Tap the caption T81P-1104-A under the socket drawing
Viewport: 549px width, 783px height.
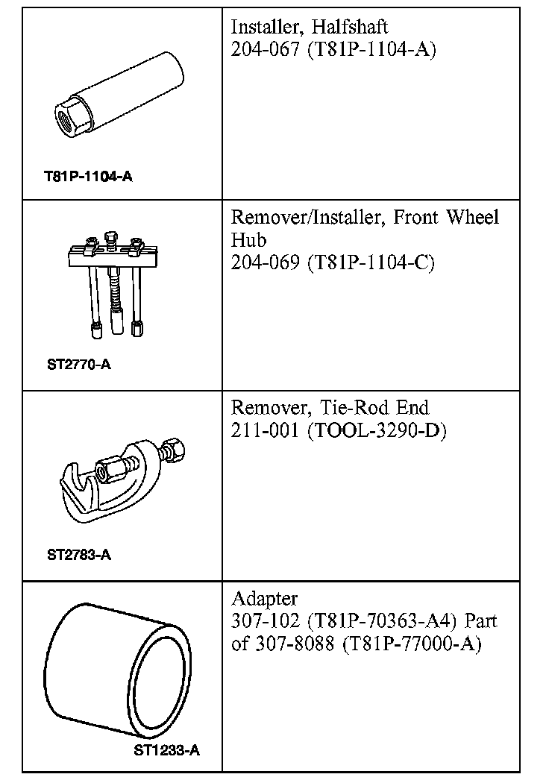pyautogui.click(x=88, y=177)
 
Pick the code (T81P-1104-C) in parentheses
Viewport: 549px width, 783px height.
pyautogui.click(x=371, y=263)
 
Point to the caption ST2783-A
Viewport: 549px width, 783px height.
pyautogui.click(x=79, y=555)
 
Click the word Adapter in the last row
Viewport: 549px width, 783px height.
pyautogui.click(x=265, y=599)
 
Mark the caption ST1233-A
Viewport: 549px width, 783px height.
pyautogui.click(x=167, y=751)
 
